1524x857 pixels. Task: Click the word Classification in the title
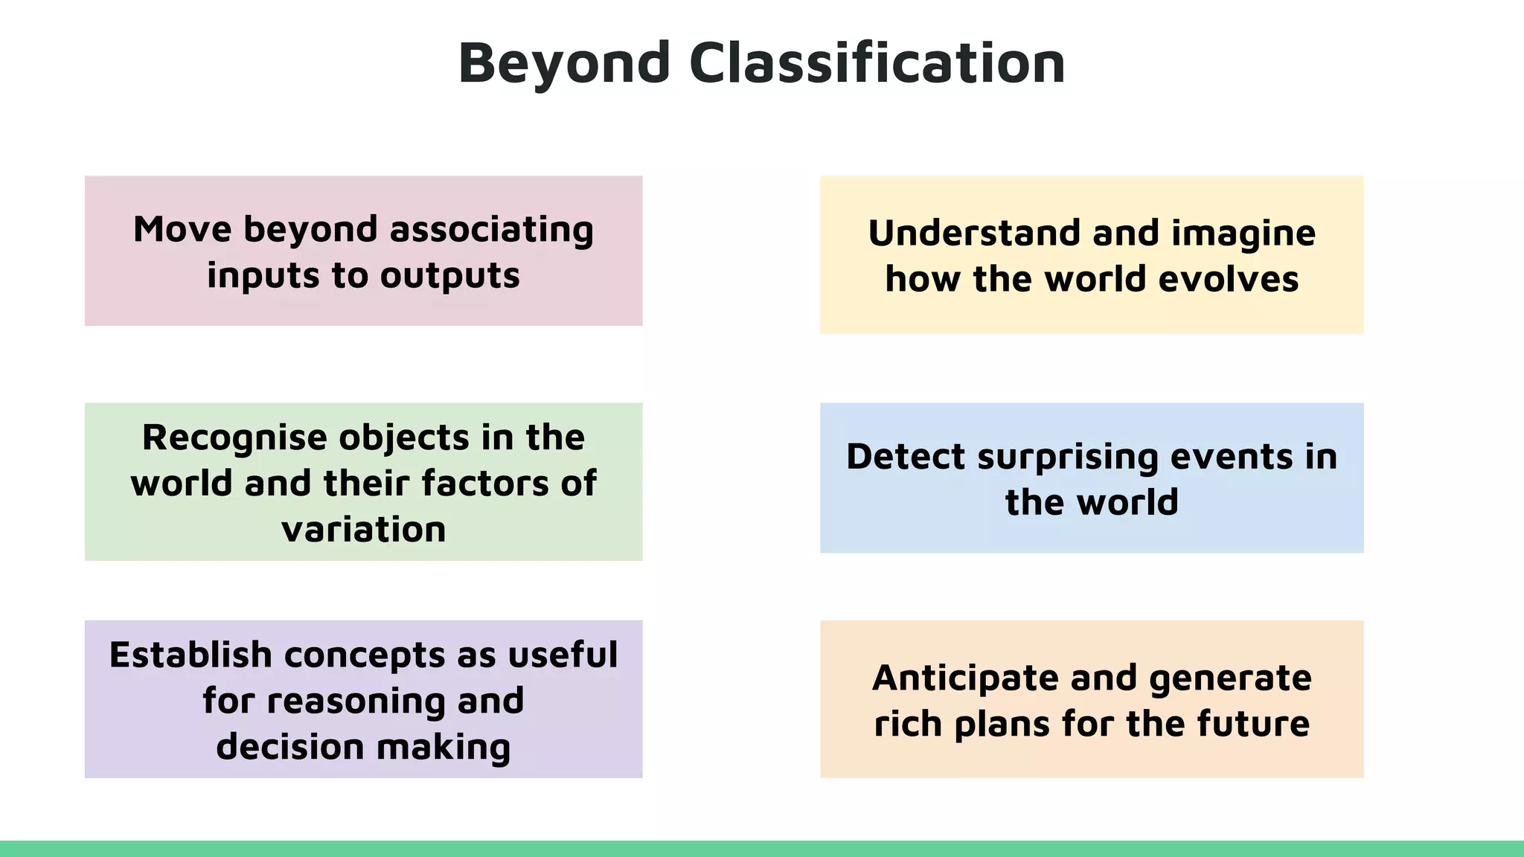click(x=877, y=62)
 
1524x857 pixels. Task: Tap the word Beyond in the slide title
click(x=565, y=64)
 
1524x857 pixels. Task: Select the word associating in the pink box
click(x=491, y=229)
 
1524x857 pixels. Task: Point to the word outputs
click(x=449, y=275)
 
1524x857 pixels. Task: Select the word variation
click(x=364, y=530)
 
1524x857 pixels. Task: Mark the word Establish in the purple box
click(x=190, y=655)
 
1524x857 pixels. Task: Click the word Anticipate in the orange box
click(x=964, y=678)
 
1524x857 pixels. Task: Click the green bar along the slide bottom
click(x=762, y=849)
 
